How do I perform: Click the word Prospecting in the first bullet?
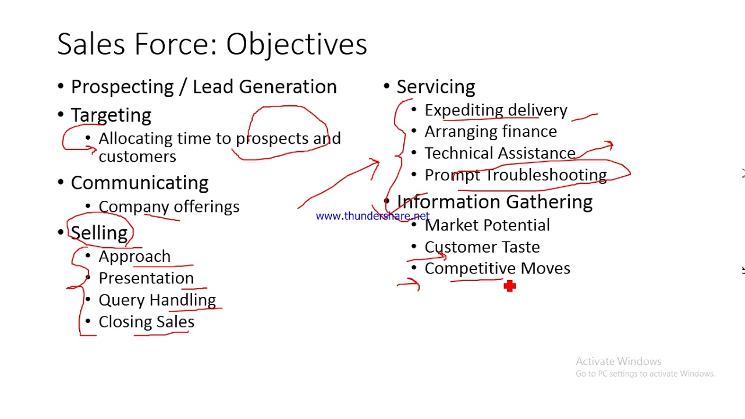coord(122,87)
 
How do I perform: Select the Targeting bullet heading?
coord(111,115)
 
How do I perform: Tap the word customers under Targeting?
coord(137,157)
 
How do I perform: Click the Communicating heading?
coord(140,183)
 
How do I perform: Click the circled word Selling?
coord(99,233)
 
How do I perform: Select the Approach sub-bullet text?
coord(134,257)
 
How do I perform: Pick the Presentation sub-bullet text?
coord(146,278)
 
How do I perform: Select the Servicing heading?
coord(435,87)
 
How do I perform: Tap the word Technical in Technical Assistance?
coord(460,153)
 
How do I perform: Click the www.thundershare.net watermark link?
coord(372,216)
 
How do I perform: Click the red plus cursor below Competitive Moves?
coord(509,286)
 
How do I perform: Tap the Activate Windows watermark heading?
coord(618,361)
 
